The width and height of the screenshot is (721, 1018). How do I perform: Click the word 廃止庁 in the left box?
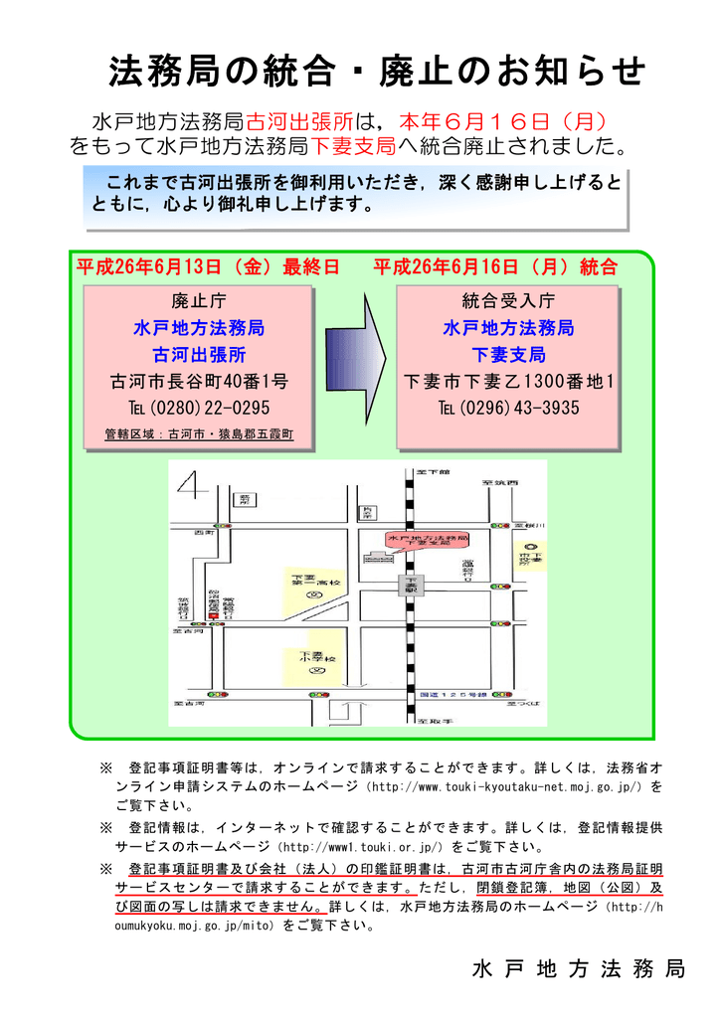[199, 300]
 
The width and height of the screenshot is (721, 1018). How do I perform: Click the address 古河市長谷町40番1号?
[199, 382]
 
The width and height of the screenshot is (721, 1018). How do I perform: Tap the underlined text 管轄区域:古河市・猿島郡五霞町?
[199, 434]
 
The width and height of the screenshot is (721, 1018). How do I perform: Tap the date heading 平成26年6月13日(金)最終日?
[208, 267]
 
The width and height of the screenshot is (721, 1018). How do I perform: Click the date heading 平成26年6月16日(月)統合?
[494, 267]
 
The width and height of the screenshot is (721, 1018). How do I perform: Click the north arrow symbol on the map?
[193, 487]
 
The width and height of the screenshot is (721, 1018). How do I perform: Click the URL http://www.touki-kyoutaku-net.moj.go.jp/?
[506, 786]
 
